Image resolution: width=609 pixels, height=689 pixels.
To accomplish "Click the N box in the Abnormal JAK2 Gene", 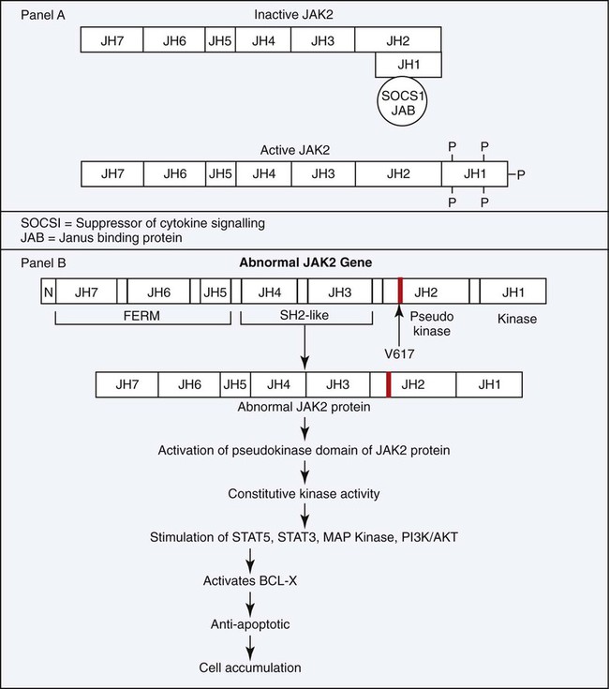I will pos(47,292).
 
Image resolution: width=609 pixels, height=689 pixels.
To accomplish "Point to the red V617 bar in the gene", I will pos(400,292).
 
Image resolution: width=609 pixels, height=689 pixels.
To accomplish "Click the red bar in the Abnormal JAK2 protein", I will pos(388,383).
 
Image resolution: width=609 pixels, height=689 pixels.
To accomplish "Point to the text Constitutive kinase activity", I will pos(304,493).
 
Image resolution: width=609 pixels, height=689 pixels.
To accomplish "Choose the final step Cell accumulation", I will pos(252,668).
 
